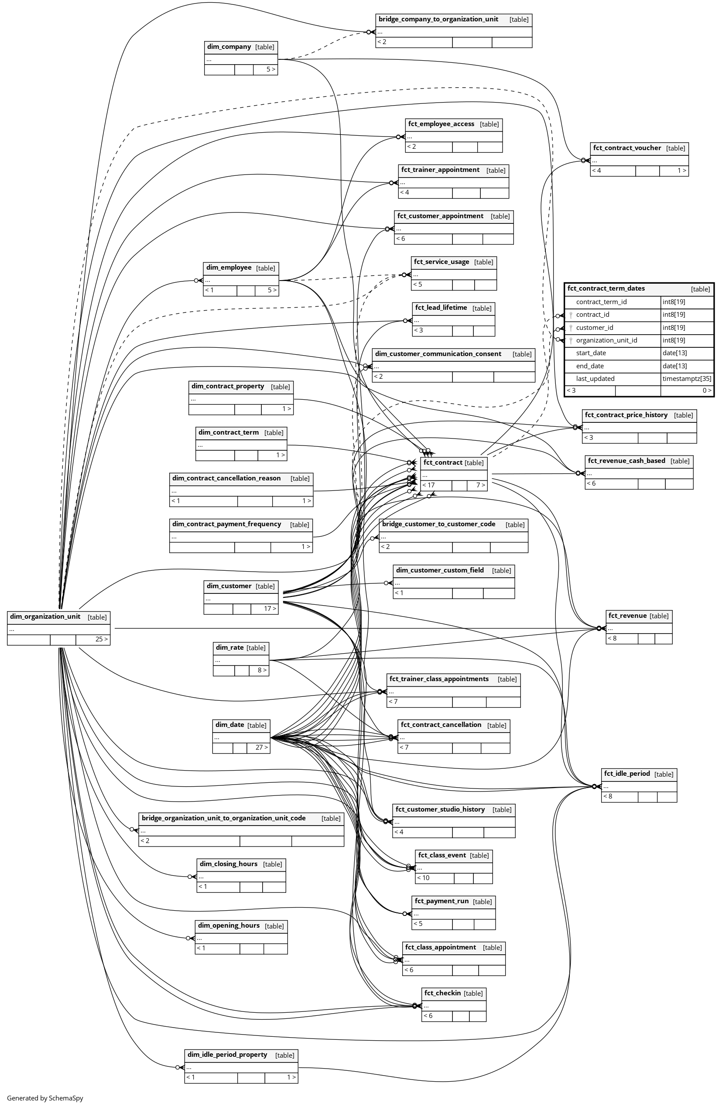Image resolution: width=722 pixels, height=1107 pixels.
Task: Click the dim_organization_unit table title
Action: pos(45,617)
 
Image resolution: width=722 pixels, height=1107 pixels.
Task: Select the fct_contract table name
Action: pos(443,463)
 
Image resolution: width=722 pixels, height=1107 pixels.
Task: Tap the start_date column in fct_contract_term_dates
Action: pos(590,353)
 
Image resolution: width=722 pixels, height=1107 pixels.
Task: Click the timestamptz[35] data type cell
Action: pos(687,379)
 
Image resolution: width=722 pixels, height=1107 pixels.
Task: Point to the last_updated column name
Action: pos(595,379)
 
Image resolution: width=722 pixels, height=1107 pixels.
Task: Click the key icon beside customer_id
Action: pos(571,328)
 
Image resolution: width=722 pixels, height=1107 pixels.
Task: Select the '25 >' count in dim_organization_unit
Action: pos(101,639)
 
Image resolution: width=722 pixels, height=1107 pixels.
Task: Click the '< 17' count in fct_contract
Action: pos(429,485)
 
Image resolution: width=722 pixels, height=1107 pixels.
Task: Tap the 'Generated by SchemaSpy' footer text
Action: pos(45,1098)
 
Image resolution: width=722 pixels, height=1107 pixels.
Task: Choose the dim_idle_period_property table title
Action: pos(227,1055)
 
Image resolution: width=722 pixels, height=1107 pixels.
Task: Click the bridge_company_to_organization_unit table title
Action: pos(438,19)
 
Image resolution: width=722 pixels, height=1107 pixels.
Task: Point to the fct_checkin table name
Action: pos(442,993)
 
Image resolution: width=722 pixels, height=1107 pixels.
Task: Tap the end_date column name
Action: pos(590,366)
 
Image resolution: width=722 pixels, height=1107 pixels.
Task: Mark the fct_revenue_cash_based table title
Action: pos(626,460)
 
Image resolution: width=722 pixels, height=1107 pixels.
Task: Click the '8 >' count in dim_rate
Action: pos(262,670)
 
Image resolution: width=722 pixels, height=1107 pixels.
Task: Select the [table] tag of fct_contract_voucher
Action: pos(675,148)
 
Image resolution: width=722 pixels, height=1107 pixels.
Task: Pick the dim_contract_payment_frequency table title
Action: pos(226,524)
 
